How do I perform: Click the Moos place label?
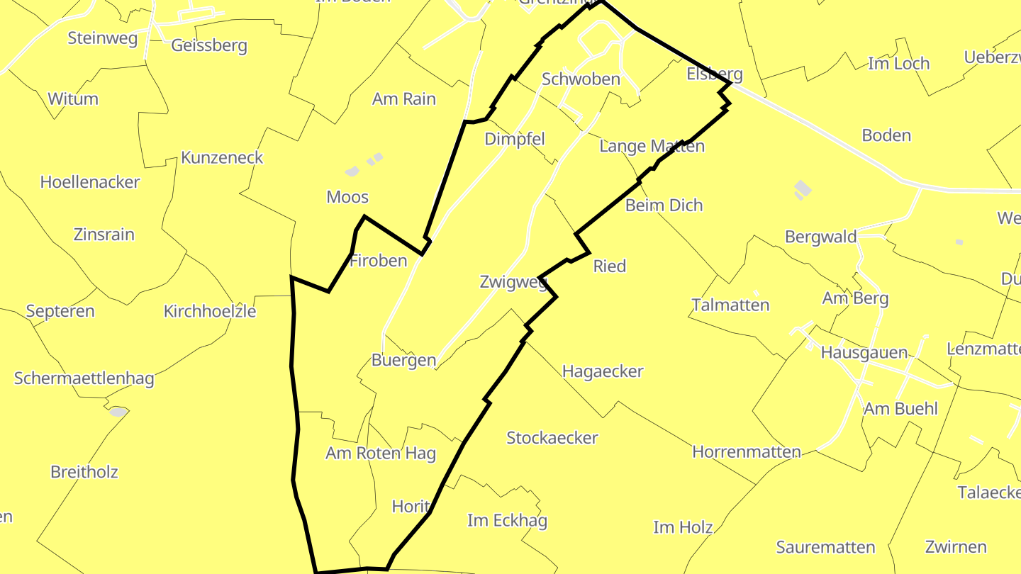pos(347,197)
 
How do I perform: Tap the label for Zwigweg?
pos(513,283)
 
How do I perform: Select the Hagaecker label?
pos(603,371)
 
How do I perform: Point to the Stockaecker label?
pos(552,438)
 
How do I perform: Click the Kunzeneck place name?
pos(222,158)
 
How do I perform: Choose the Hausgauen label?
pos(864,353)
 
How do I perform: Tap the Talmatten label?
pos(730,305)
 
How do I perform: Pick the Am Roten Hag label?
pos(381,454)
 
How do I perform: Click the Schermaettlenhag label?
pos(84,378)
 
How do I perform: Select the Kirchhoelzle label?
pos(210,311)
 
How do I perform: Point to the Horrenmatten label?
pos(747,452)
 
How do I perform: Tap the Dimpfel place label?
pos(515,140)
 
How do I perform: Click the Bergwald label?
pos(821,237)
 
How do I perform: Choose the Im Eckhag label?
pos(508,522)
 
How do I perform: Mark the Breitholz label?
pos(84,472)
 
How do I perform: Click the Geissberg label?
pos(209,46)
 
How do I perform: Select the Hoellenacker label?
pos(90,182)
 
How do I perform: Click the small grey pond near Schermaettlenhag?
pos(118,412)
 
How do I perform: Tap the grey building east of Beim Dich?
pos(803,188)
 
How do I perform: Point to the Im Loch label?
pos(898,64)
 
